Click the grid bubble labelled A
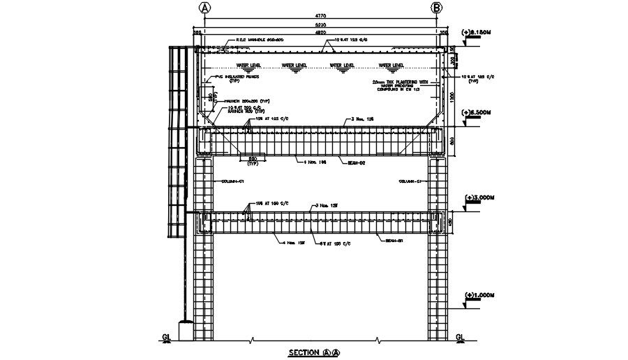(x=205, y=8)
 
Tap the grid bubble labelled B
(x=437, y=8)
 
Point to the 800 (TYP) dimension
(x=253, y=161)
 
